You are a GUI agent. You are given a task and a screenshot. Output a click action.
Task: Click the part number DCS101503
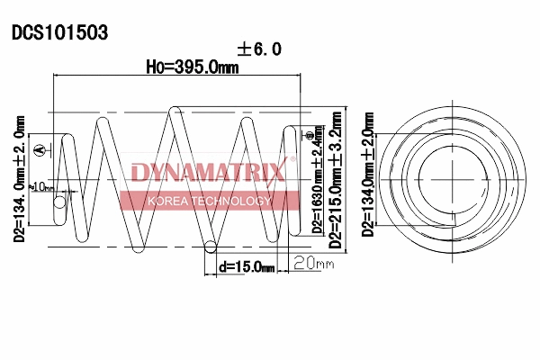(59, 33)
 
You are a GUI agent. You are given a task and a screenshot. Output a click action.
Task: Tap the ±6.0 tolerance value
(259, 49)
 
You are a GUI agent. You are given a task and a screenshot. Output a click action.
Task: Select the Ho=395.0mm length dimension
(193, 67)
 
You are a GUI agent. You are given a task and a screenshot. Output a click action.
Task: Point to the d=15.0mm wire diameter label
(245, 266)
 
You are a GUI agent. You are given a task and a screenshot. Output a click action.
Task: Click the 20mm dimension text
(313, 264)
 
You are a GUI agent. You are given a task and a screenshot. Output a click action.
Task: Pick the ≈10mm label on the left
(41, 186)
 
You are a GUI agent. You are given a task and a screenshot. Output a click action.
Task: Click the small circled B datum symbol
(309, 135)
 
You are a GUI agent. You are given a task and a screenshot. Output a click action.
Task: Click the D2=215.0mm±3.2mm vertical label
(336, 180)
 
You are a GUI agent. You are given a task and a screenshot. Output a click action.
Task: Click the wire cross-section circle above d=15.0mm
(209, 247)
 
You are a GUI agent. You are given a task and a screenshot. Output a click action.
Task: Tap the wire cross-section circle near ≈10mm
(59, 204)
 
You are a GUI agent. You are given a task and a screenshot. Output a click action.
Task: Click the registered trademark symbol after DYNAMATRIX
(290, 160)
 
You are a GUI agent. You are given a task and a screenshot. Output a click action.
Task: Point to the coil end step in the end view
(458, 219)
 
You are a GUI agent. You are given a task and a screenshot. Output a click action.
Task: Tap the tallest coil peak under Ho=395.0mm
(176, 112)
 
